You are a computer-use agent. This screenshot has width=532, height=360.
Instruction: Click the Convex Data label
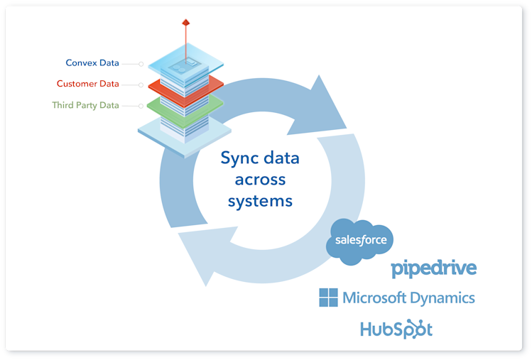tap(92, 62)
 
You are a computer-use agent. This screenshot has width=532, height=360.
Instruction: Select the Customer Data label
tap(88, 84)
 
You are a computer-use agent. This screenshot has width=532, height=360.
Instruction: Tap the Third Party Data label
tap(85, 105)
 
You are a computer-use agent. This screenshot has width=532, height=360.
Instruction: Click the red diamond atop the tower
tap(185, 23)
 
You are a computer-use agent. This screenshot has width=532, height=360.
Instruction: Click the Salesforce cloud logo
tap(359, 241)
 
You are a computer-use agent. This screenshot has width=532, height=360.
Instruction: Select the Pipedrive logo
tap(433, 268)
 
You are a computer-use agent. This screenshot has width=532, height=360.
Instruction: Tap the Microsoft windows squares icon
tap(328, 298)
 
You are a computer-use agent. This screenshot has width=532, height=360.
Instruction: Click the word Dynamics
tap(443, 299)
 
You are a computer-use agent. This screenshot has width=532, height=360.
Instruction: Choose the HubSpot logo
tap(396, 329)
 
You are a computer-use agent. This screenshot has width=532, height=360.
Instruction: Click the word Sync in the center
tap(238, 159)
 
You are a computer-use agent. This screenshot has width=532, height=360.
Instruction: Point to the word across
tap(260, 180)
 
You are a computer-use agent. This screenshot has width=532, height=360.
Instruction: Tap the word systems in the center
tap(260, 202)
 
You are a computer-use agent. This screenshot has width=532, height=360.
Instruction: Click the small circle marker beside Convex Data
tap(141, 64)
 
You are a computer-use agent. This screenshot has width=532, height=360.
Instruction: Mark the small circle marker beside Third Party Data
tap(141, 106)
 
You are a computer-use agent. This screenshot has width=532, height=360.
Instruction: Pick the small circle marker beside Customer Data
tap(141, 84)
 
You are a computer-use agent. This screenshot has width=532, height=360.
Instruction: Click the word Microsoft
tap(374, 298)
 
